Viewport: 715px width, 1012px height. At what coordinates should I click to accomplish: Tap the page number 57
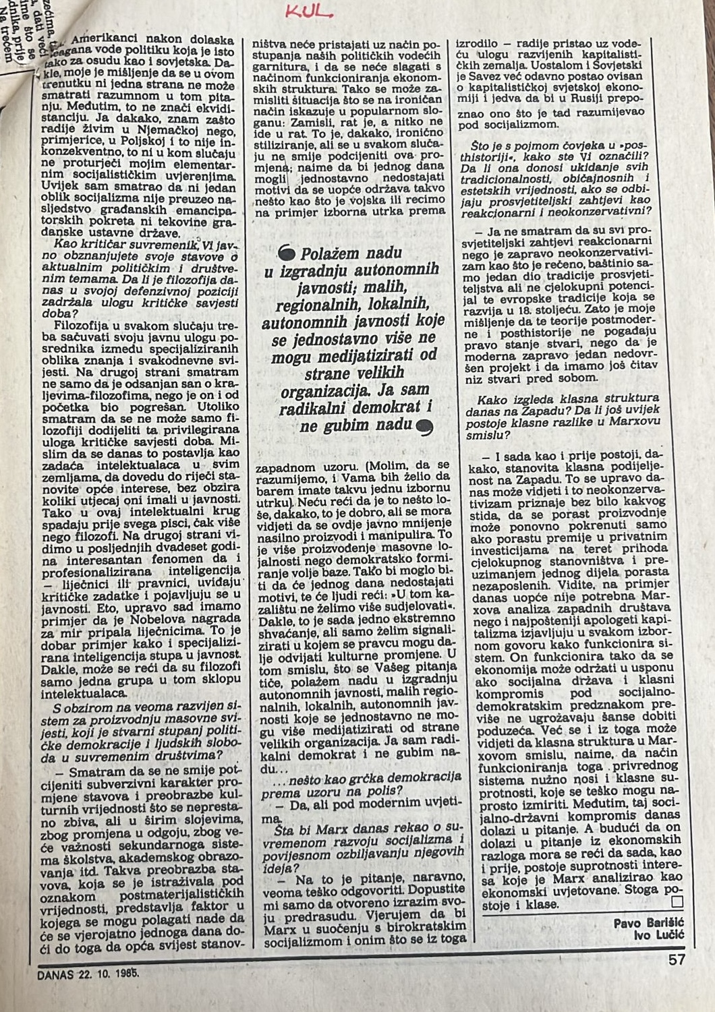[677, 959]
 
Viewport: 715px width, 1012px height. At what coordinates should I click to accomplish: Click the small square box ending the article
[677, 902]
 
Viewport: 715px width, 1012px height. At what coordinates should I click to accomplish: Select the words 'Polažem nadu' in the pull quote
[351, 254]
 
